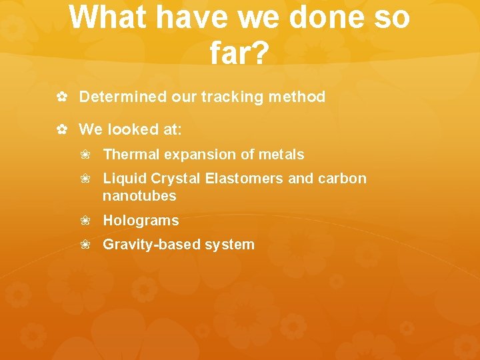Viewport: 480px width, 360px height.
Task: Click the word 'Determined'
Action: point(123,97)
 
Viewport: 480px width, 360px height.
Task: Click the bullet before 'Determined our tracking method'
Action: point(61,97)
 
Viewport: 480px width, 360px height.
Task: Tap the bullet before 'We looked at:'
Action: point(61,129)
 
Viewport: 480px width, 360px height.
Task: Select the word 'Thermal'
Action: point(131,155)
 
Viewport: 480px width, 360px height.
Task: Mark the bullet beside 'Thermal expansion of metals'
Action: point(85,155)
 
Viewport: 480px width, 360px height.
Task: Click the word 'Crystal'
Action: point(175,179)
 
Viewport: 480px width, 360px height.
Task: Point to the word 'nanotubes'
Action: point(139,196)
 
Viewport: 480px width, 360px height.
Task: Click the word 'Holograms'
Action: point(141,221)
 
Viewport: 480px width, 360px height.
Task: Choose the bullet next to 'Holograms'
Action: point(85,221)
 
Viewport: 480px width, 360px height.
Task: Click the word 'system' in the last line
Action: point(229,245)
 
